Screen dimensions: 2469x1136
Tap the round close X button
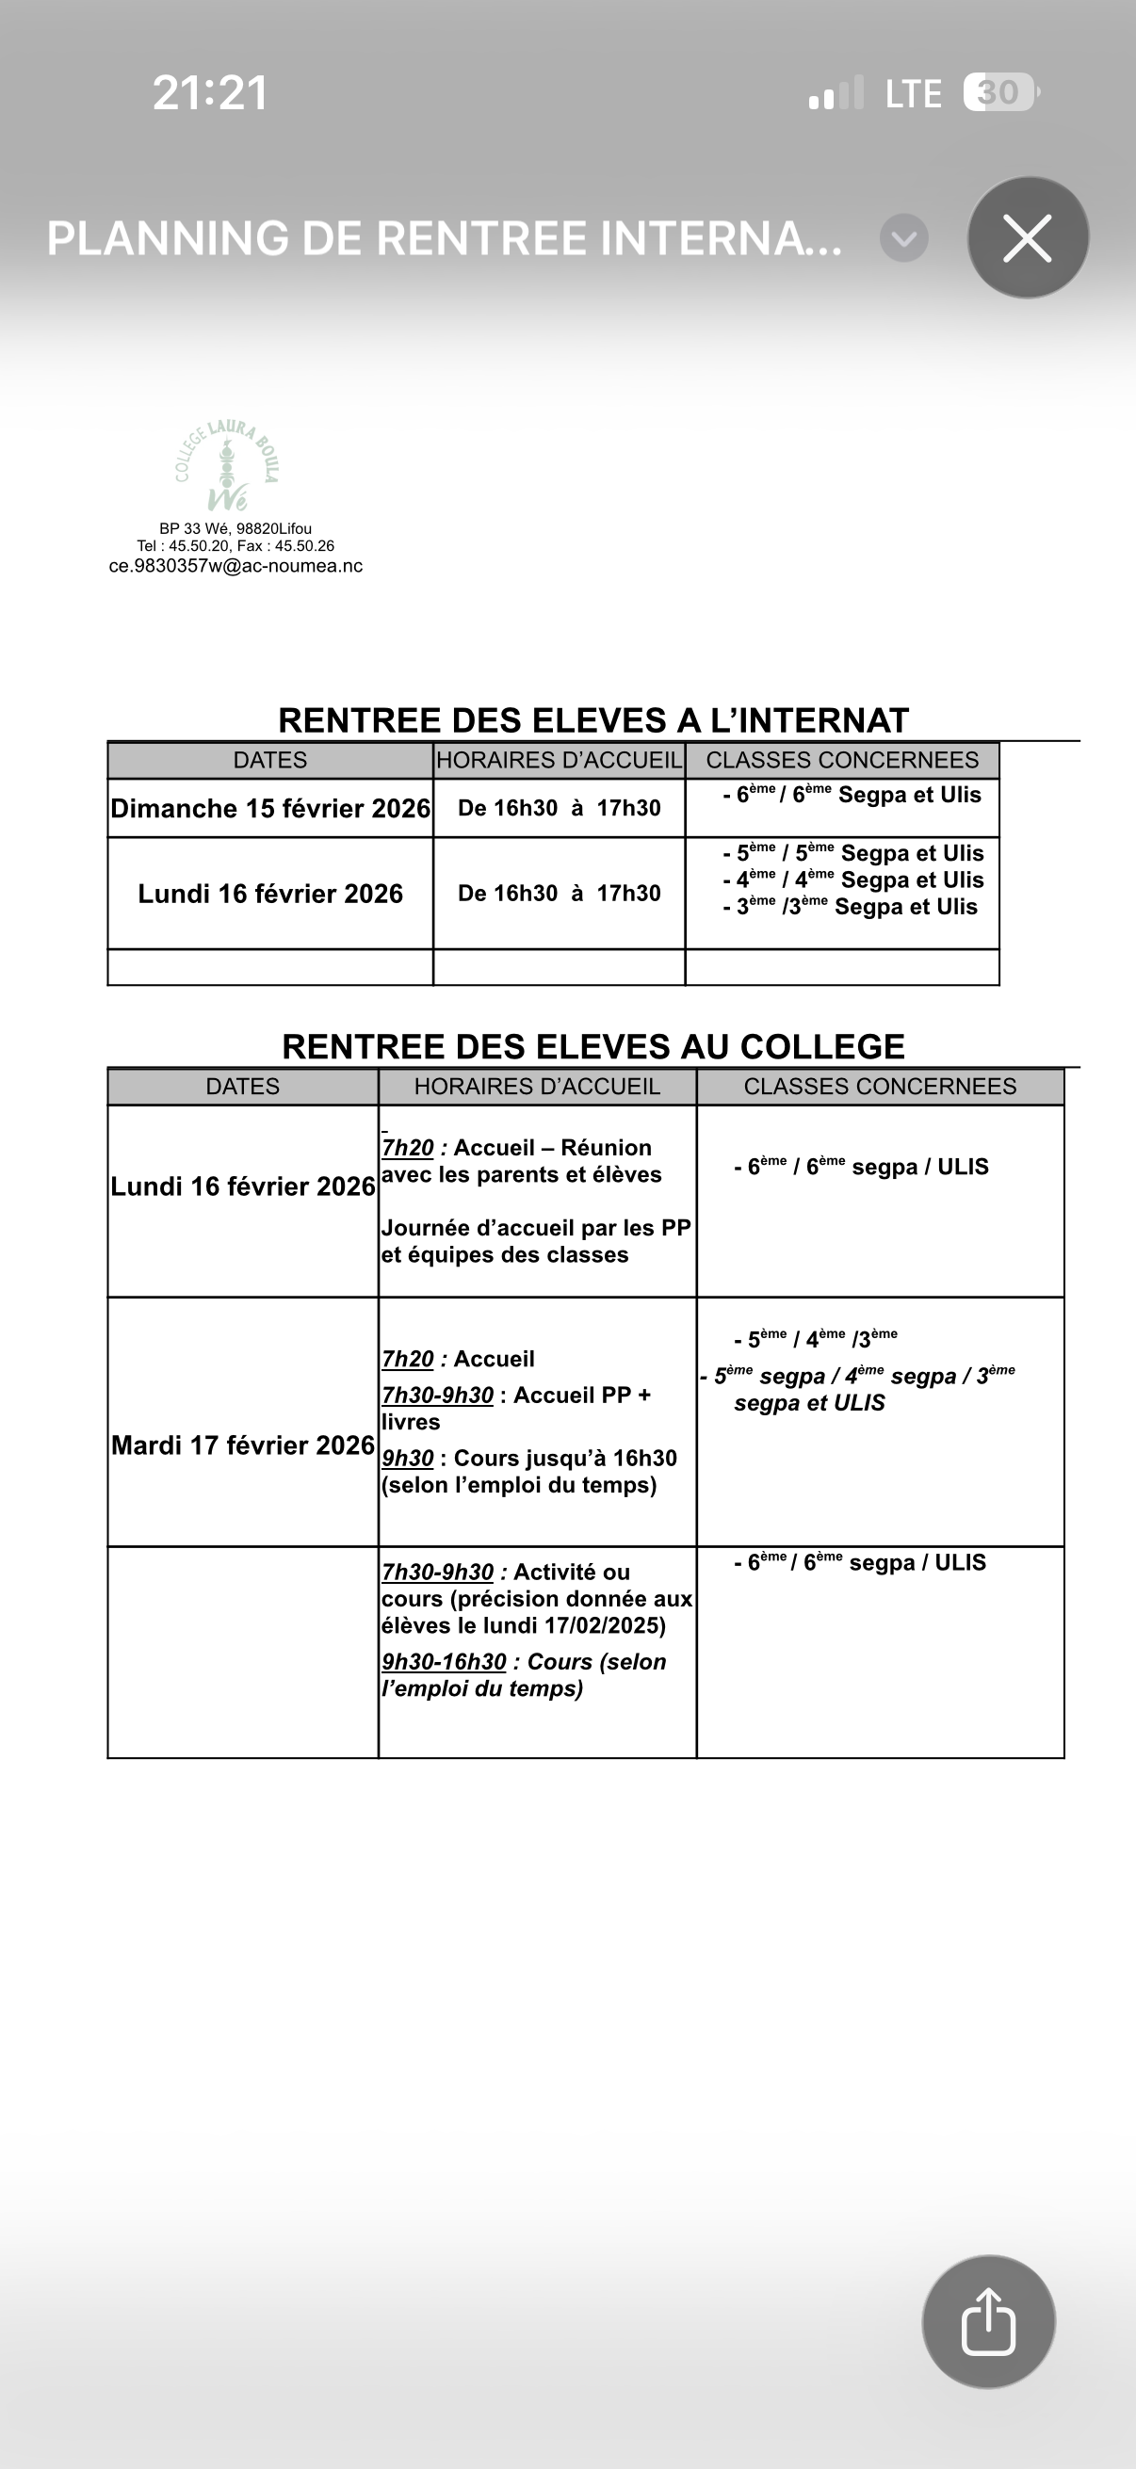tap(1028, 237)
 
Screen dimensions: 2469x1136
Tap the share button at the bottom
tap(988, 2321)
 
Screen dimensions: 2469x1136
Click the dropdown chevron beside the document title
tap(904, 238)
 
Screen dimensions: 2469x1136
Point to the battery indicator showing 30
tap(999, 93)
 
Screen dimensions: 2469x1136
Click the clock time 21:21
tap(210, 93)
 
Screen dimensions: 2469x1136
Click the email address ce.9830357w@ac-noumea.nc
tap(235, 566)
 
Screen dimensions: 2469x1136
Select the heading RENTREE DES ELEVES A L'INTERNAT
tap(593, 719)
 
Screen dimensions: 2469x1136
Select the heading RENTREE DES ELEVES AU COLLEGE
tap(593, 1045)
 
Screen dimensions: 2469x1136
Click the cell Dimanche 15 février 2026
tap(270, 808)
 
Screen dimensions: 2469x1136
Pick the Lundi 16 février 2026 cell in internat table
tap(270, 894)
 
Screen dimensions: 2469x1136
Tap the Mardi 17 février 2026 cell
tap(242, 1444)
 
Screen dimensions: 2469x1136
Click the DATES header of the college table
tap(242, 1086)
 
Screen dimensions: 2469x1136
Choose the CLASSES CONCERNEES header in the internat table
tap(842, 760)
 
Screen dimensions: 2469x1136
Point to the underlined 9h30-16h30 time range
tap(444, 1661)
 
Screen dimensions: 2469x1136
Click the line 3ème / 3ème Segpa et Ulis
tap(851, 907)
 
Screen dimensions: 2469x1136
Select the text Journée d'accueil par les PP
tap(536, 1228)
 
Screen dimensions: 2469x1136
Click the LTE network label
tap(913, 94)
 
